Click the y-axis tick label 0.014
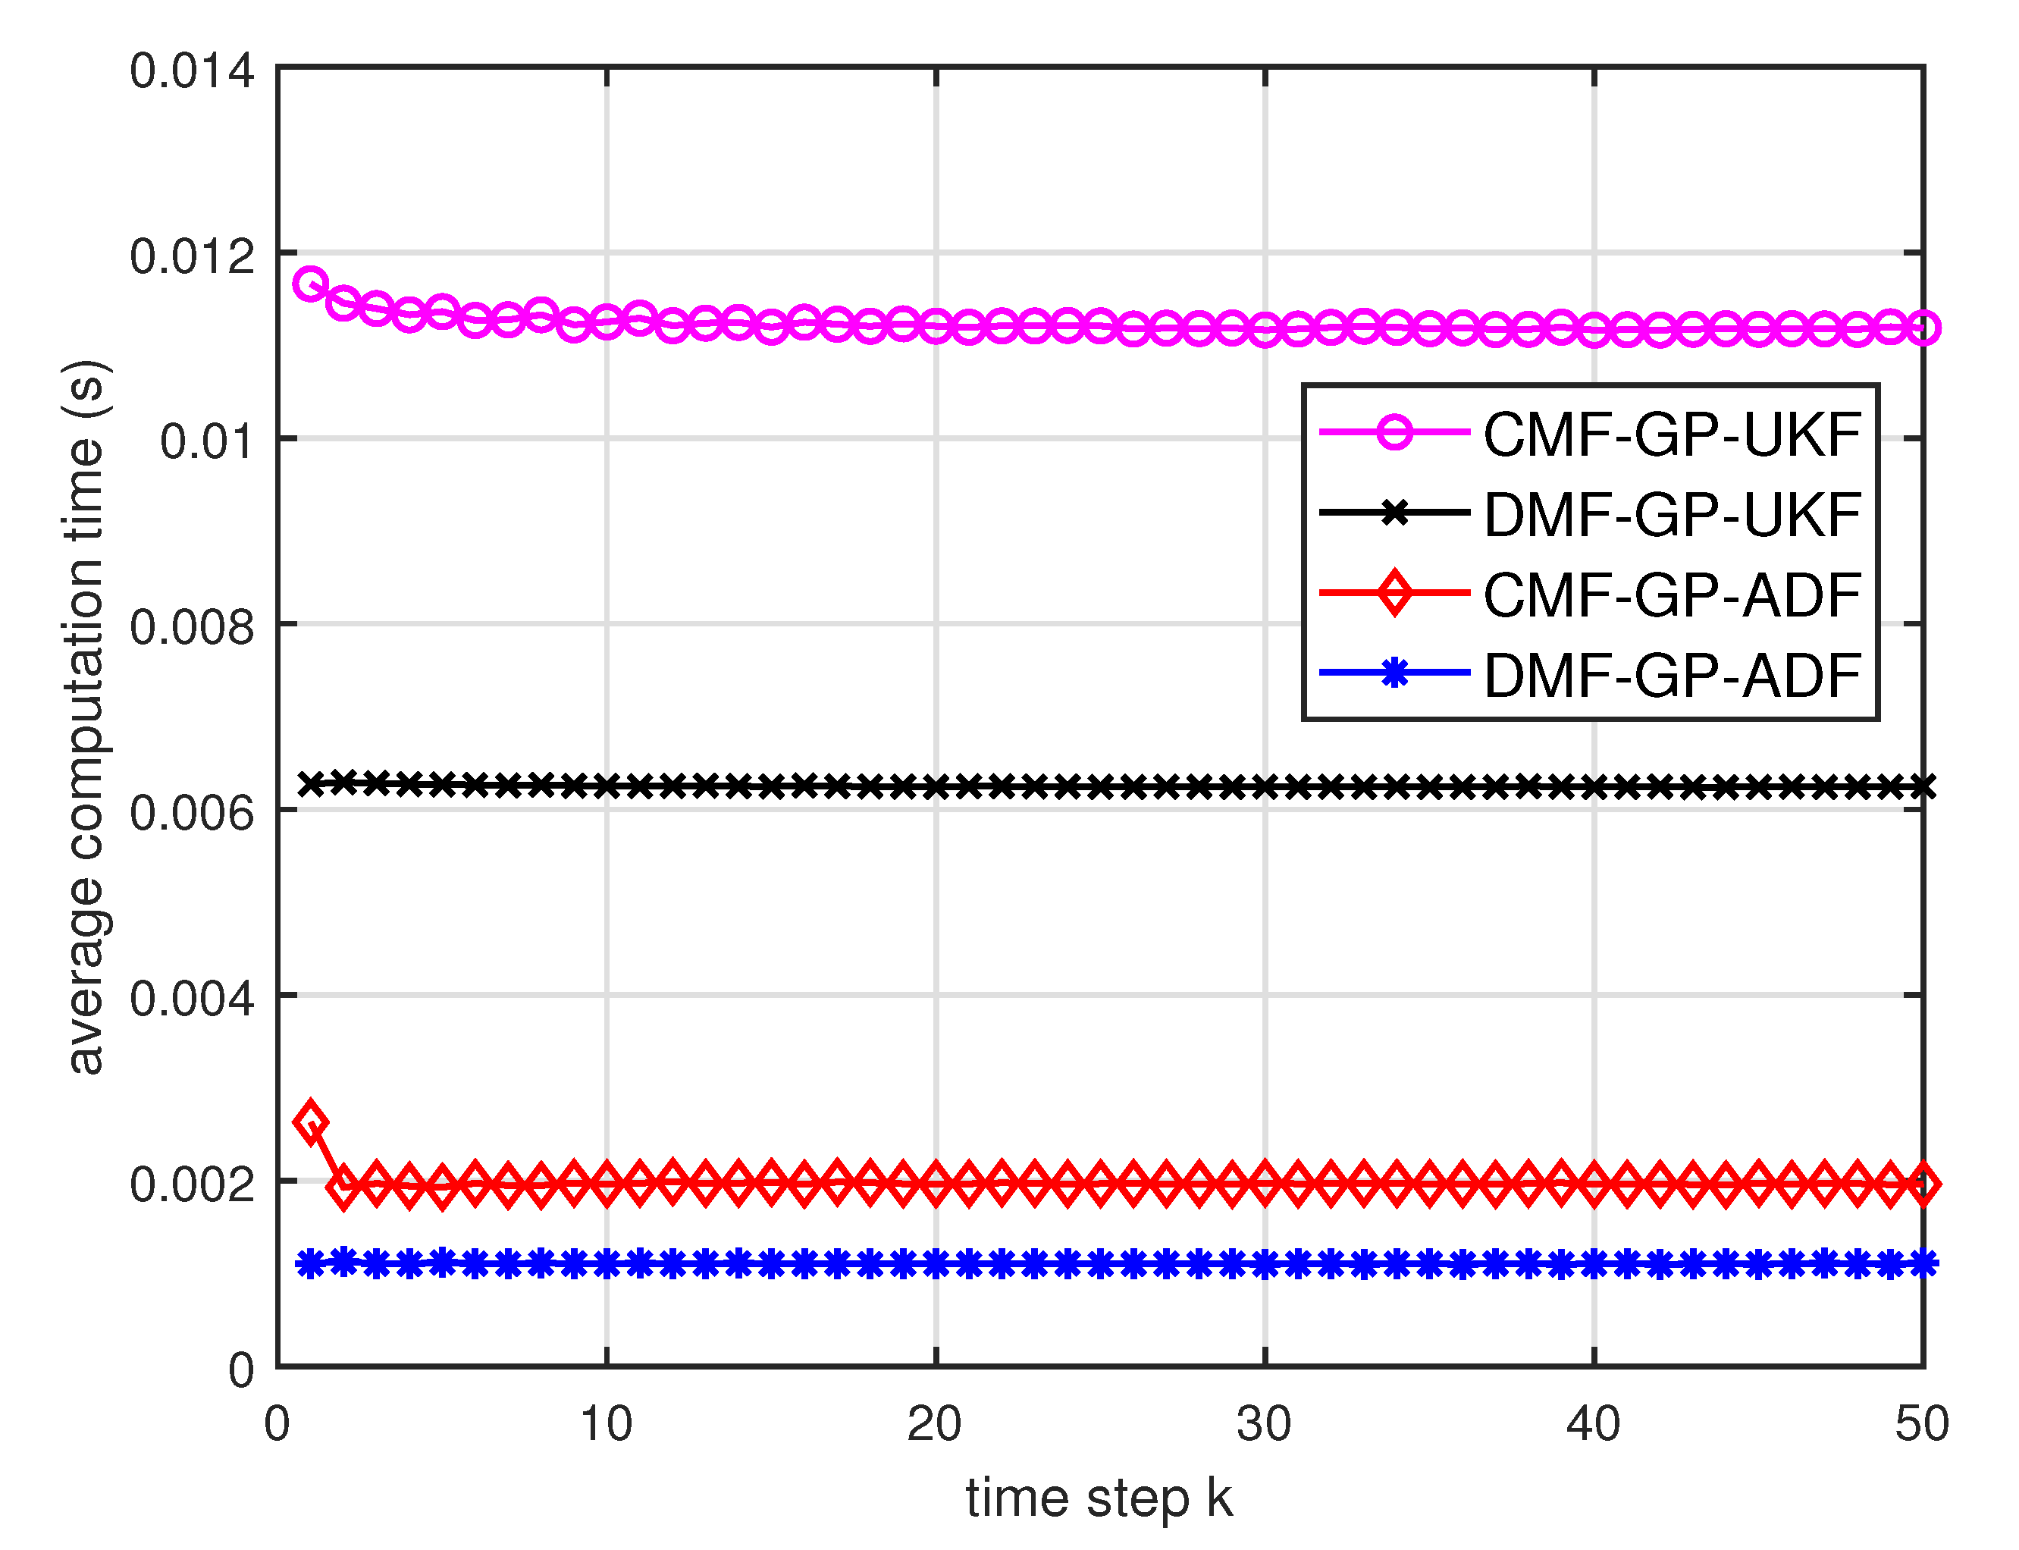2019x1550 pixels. tap(191, 72)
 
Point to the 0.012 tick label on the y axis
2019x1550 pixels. tap(191, 257)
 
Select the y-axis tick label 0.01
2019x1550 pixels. tap(207, 443)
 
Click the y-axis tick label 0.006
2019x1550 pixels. tap(191, 814)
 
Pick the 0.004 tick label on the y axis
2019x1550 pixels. tap(191, 1000)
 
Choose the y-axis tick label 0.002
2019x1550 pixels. tap(191, 1185)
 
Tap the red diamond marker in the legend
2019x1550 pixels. tap(1394, 592)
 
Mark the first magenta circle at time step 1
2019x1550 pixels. tap(311, 284)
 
